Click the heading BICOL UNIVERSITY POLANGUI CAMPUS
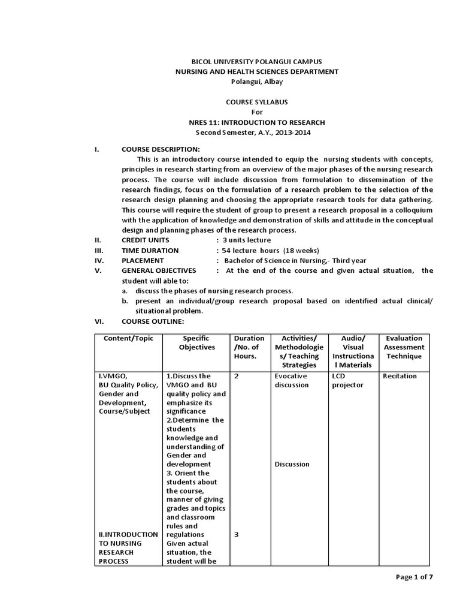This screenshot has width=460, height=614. [x=256, y=62]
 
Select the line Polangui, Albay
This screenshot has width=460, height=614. [x=256, y=82]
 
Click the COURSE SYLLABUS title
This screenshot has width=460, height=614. [x=256, y=103]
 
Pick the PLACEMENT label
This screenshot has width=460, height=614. [x=143, y=261]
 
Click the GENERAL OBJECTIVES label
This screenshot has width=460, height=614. [x=159, y=270]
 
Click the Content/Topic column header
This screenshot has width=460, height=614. [x=129, y=338]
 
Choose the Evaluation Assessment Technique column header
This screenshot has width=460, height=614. [x=404, y=347]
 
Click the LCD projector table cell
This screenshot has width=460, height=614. [x=348, y=380]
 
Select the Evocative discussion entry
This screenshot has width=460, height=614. [x=292, y=380]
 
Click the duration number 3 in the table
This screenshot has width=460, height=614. [x=237, y=534]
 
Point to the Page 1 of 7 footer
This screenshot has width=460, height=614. [x=414, y=577]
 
